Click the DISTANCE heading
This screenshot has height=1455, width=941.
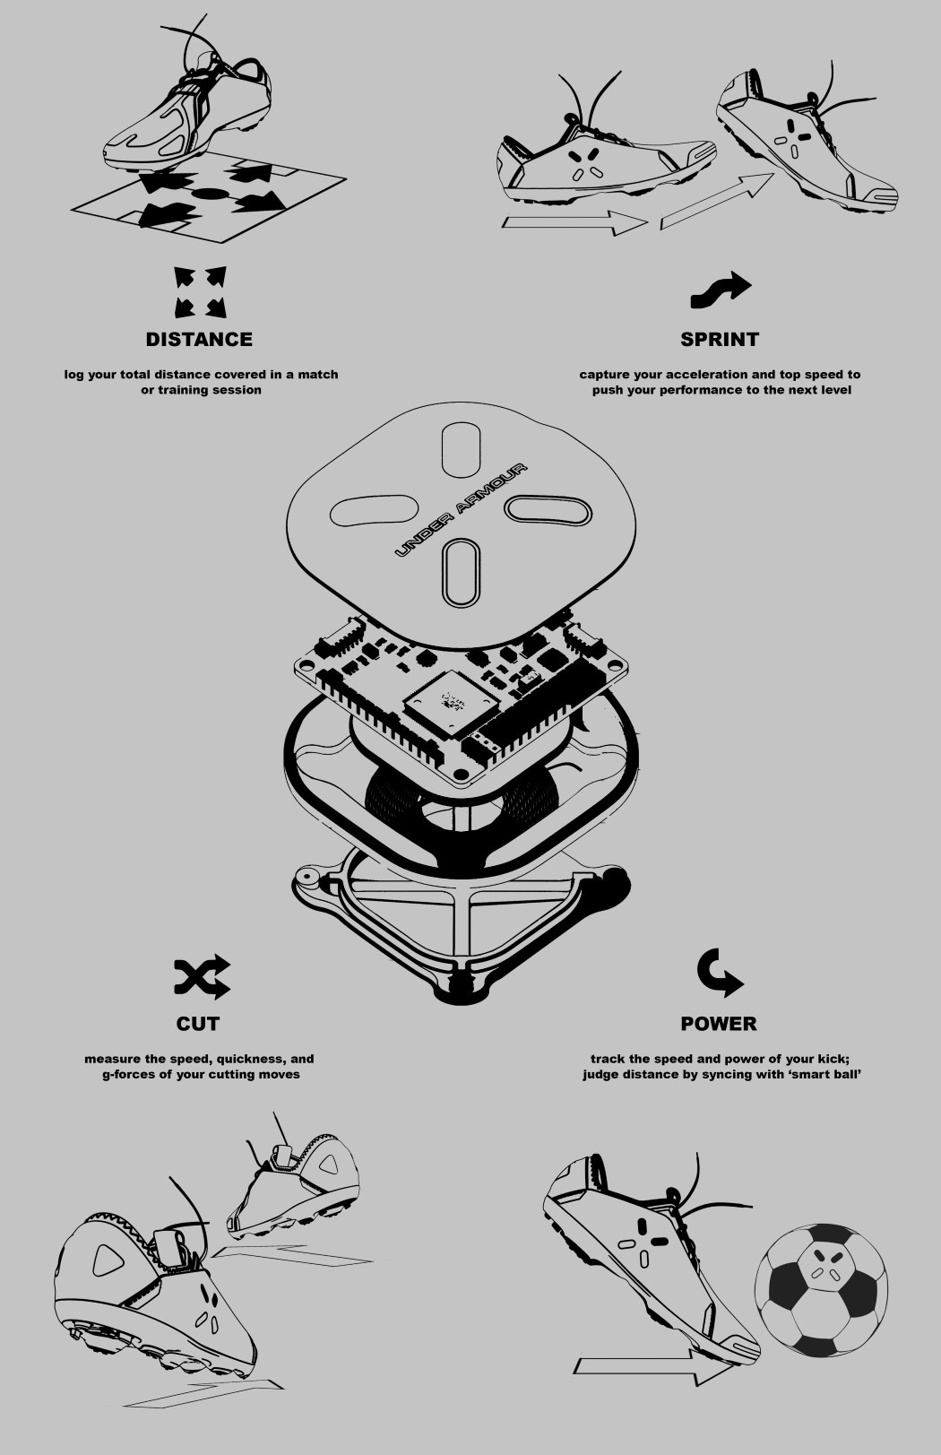[x=199, y=339]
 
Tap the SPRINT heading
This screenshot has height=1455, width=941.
[x=719, y=339]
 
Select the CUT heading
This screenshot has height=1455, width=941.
[x=198, y=1023]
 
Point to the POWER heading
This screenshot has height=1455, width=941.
[x=718, y=1023]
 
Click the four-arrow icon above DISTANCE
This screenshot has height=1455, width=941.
[x=200, y=292]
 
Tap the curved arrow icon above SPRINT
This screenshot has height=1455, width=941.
[x=721, y=289]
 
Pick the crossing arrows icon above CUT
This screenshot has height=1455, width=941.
[x=202, y=977]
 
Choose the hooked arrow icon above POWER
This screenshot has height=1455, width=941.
[x=720, y=973]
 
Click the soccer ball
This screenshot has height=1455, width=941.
[x=821, y=1289]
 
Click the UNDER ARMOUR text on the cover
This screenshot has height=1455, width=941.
[x=461, y=510]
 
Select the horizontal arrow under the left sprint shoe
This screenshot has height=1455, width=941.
[x=574, y=224]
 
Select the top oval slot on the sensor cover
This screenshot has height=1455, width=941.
[x=462, y=446]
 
